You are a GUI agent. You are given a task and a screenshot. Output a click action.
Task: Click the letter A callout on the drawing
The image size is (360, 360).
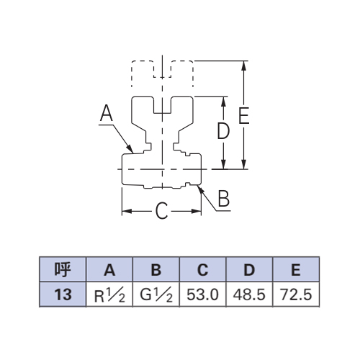[107, 113]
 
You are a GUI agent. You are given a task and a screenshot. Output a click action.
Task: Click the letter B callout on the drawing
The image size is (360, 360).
[224, 198]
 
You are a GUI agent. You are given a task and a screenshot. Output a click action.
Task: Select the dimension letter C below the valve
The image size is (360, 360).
[161, 211]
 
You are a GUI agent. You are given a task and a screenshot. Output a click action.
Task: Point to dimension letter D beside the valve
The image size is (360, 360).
[223, 131]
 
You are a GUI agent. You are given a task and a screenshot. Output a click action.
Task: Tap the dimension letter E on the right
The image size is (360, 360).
[244, 116]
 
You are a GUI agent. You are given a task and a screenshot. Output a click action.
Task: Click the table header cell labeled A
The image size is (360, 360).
[109, 269]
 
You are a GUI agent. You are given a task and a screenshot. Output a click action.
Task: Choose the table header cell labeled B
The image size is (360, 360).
[156, 269]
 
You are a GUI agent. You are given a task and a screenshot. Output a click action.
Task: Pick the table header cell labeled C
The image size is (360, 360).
[202, 269]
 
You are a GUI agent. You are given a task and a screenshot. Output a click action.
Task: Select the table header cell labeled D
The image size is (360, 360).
[249, 269]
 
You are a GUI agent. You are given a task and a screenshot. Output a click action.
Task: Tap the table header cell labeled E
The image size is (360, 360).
[296, 269]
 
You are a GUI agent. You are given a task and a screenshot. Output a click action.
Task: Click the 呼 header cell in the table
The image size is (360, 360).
[63, 269]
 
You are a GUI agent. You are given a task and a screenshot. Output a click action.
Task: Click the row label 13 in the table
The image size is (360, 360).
[63, 294]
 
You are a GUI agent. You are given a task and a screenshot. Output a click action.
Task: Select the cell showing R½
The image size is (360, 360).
[109, 294]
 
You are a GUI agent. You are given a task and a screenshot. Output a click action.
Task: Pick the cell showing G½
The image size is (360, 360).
[156, 294]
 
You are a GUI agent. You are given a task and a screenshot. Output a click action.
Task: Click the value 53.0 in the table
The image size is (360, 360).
[202, 294]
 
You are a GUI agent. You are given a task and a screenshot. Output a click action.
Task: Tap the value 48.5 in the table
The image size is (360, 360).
[249, 294]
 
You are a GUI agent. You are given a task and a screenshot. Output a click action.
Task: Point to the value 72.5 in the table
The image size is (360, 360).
[296, 294]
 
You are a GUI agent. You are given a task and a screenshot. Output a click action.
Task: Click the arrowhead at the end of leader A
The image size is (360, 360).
[130, 149]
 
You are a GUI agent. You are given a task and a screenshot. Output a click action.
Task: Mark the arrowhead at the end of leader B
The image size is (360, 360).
[200, 189]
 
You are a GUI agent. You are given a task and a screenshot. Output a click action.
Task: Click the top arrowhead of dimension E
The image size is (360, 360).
[244, 66]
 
